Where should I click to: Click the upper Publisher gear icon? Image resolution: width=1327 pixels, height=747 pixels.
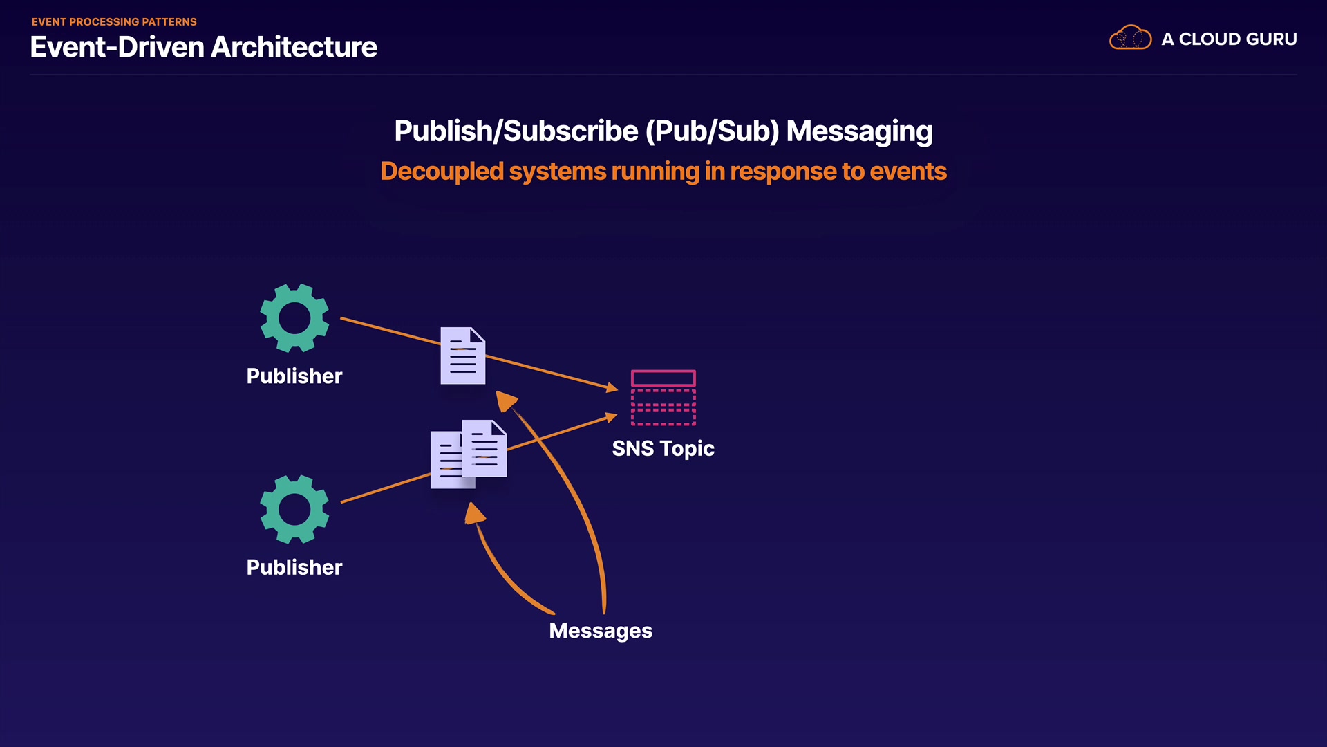tap(294, 318)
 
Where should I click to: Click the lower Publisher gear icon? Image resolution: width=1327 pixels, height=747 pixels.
tap(294, 510)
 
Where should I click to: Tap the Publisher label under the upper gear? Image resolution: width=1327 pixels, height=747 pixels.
tap(294, 376)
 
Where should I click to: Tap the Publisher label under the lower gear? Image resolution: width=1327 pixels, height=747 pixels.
tap(294, 568)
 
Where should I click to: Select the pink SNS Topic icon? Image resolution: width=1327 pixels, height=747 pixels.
tap(663, 398)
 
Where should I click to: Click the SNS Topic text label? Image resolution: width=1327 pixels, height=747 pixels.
tap(663, 449)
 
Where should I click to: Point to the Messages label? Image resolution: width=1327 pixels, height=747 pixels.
tap(601, 631)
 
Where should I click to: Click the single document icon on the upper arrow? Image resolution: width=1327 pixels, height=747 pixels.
tap(463, 356)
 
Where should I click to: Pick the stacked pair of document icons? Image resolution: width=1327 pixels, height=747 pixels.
tap(469, 454)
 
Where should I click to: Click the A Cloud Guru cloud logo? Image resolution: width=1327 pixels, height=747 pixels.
tap(1130, 38)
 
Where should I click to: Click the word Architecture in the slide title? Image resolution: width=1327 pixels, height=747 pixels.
tap(294, 48)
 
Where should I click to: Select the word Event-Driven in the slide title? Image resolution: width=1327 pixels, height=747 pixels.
tap(117, 48)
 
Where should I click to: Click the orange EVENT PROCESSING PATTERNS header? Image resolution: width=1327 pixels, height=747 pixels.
tap(114, 22)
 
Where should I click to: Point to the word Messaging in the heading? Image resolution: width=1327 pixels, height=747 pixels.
tap(859, 131)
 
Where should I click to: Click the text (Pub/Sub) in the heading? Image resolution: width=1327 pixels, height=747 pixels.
tap(712, 131)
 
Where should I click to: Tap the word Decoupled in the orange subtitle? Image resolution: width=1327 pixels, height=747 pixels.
tap(442, 172)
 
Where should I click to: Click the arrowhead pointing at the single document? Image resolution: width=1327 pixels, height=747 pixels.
tap(506, 400)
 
